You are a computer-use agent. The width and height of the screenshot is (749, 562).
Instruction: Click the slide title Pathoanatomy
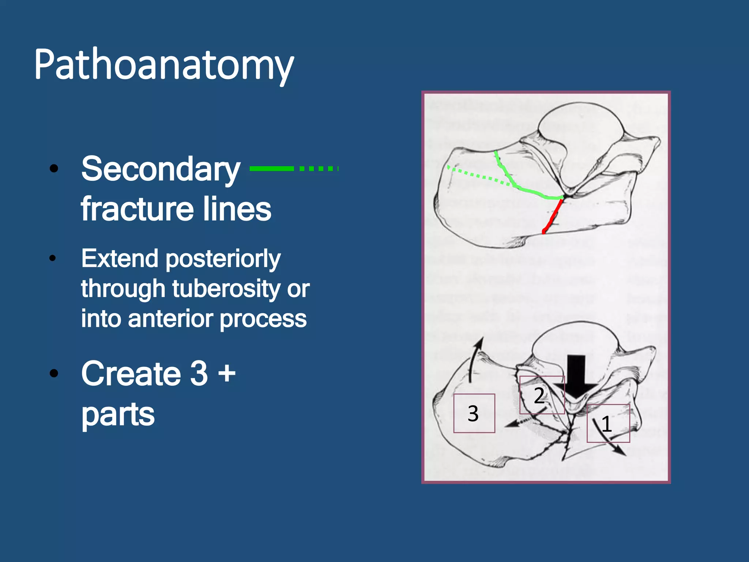[164, 65]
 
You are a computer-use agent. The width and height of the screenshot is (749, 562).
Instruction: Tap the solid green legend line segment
[271, 168]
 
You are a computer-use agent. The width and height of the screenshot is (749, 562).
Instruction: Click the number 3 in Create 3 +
[199, 373]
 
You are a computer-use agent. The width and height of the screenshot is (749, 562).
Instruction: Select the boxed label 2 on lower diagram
[539, 396]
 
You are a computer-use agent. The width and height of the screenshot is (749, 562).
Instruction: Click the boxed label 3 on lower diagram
[473, 413]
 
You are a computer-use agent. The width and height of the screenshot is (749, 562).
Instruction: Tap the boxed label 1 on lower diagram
[607, 424]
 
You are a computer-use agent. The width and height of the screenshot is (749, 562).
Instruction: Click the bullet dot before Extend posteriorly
[53, 259]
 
